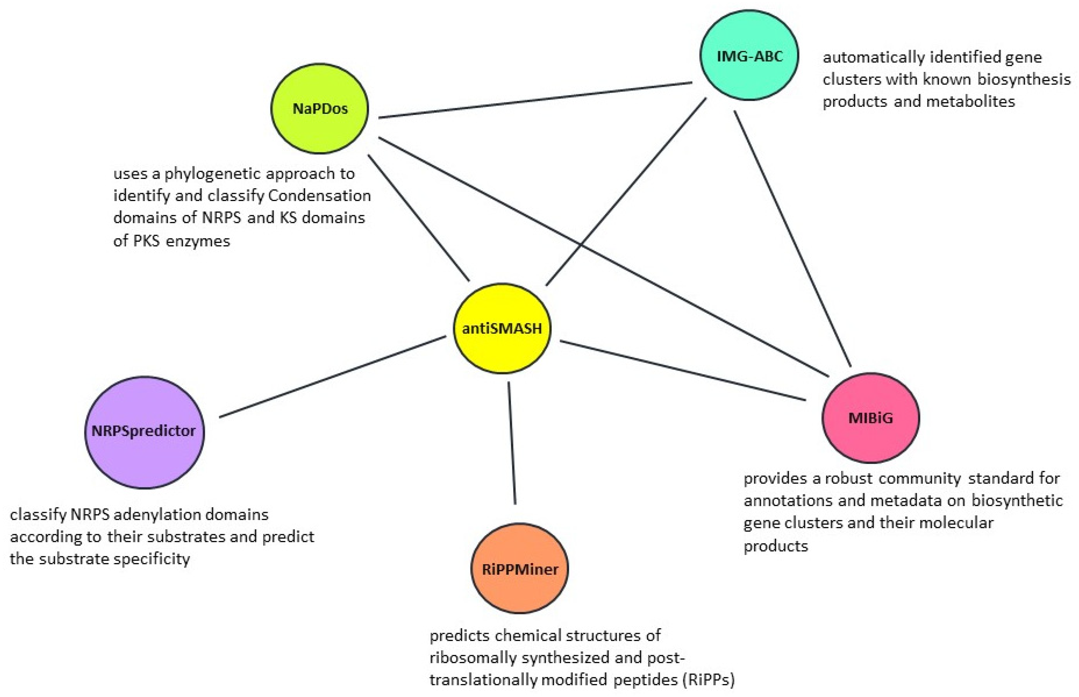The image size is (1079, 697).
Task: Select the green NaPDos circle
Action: point(320,109)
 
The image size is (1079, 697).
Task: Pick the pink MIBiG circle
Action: point(870,418)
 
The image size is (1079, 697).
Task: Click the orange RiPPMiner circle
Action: point(520,568)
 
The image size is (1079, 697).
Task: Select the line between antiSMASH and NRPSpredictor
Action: point(333,376)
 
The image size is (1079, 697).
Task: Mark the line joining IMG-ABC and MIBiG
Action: point(792,238)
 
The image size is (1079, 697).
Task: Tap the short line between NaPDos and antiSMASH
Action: point(419,218)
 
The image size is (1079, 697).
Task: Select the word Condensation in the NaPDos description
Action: point(320,196)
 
